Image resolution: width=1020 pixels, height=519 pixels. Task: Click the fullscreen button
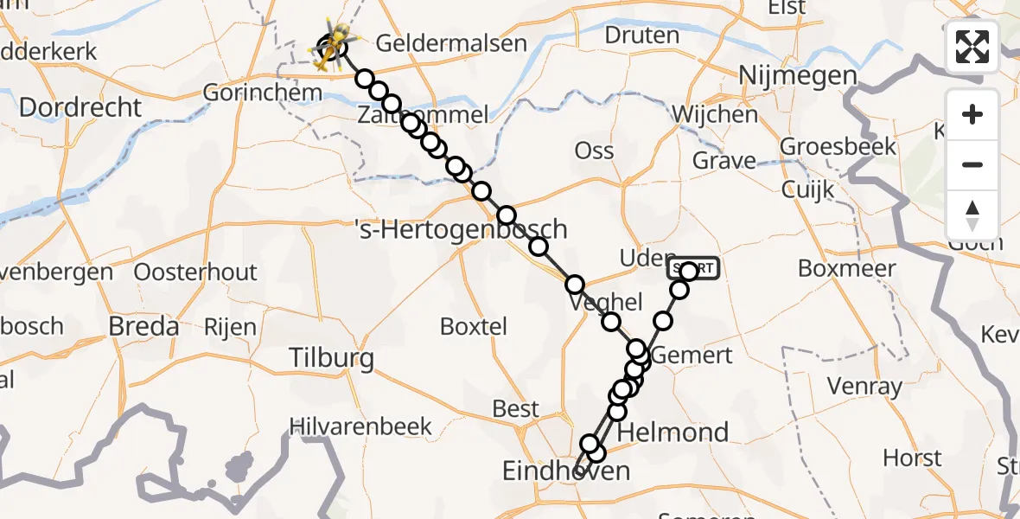coord(972,47)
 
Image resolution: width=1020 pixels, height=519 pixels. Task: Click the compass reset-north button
coord(972,215)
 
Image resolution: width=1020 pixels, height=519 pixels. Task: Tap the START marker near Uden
coord(693,268)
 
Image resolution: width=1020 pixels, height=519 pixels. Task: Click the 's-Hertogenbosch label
coord(462,230)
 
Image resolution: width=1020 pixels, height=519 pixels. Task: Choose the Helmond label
coord(673,432)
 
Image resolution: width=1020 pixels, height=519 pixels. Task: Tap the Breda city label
coord(144,326)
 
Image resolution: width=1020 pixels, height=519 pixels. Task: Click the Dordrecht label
coord(80,108)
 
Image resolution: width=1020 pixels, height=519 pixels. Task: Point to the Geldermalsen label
coord(451,43)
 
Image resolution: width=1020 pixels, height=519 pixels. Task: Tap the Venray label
coord(864,386)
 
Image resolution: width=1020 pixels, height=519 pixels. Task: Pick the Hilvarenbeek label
coord(360,426)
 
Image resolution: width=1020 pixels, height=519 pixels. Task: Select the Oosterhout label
coord(195,272)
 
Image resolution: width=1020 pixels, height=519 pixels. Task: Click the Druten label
coord(642,35)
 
